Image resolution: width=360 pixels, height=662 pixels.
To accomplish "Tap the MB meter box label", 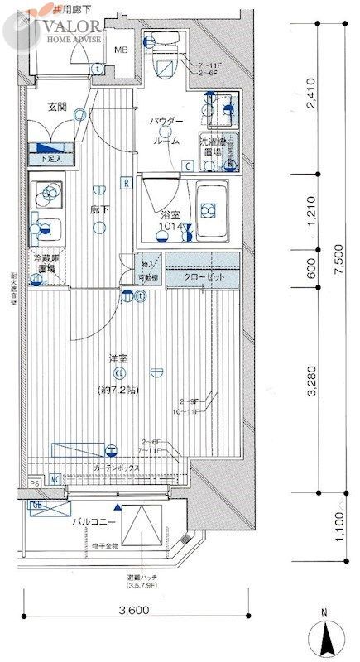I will point(120,49).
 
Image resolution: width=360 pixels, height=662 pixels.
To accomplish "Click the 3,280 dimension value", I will point(307,383).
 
